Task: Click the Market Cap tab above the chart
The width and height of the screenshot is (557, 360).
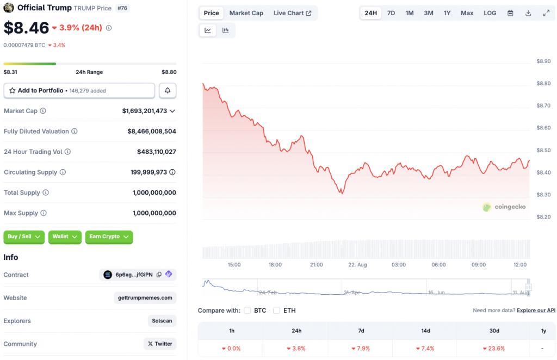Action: click(x=246, y=13)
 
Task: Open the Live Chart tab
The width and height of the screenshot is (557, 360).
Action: click(x=292, y=13)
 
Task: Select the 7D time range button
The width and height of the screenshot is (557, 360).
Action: click(x=391, y=13)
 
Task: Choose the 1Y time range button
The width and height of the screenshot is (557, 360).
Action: click(x=447, y=13)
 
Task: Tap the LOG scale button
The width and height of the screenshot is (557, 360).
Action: click(x=490, y=13)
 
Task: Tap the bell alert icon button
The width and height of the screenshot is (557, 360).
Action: click(x=168, y=91)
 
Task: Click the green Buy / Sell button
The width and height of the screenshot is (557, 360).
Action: click(x=24, y=237)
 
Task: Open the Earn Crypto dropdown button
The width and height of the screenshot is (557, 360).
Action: click(x=109, y=237)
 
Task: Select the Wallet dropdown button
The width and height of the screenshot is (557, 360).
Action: click(x=65, y=237)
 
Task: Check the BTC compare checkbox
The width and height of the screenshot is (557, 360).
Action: click(x=247, y=311)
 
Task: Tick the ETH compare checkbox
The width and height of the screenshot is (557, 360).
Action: click(x=276, y=311)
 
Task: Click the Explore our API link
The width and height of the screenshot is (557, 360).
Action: click(x=536, y=311)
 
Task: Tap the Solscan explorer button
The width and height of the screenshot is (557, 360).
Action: click(x=162, y=321)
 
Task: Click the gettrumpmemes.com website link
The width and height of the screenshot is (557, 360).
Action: click(x=145, y=298)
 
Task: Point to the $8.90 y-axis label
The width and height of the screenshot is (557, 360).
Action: click(x=543, y=61)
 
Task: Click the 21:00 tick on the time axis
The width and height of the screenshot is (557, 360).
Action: click(x=317, y=265)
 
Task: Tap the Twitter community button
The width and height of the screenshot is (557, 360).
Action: click(x=160, y=344)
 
